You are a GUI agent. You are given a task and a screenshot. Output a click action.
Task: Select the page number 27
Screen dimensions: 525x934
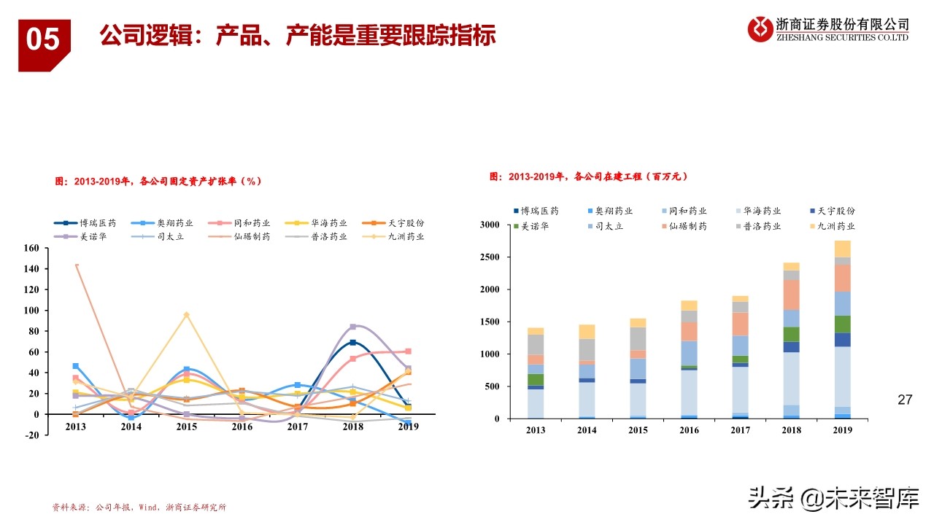coord(905,400)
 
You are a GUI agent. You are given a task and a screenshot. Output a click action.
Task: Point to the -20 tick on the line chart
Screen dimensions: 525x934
coord(31,435)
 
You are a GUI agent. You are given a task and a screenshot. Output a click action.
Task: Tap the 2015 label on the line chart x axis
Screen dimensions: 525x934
coord(186,427)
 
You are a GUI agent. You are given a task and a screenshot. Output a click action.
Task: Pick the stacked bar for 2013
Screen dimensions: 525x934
coord(536,373)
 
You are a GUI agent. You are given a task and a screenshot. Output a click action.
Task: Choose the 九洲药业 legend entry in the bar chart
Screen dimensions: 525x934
coord(831,227)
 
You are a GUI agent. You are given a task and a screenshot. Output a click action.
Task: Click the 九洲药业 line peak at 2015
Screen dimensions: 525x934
coord(186,314)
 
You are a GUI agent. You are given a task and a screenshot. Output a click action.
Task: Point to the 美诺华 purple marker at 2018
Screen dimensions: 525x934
coord(353,327)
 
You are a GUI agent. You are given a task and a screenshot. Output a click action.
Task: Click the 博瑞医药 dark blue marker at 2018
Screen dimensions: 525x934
coord(353,342)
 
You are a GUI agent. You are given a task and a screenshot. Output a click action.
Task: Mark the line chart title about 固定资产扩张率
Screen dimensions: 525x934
coord(158,182)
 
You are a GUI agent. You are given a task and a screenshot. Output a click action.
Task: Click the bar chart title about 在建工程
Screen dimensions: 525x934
coord(589,176)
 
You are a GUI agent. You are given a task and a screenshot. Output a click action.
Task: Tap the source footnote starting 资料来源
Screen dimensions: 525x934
coord(139,507)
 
